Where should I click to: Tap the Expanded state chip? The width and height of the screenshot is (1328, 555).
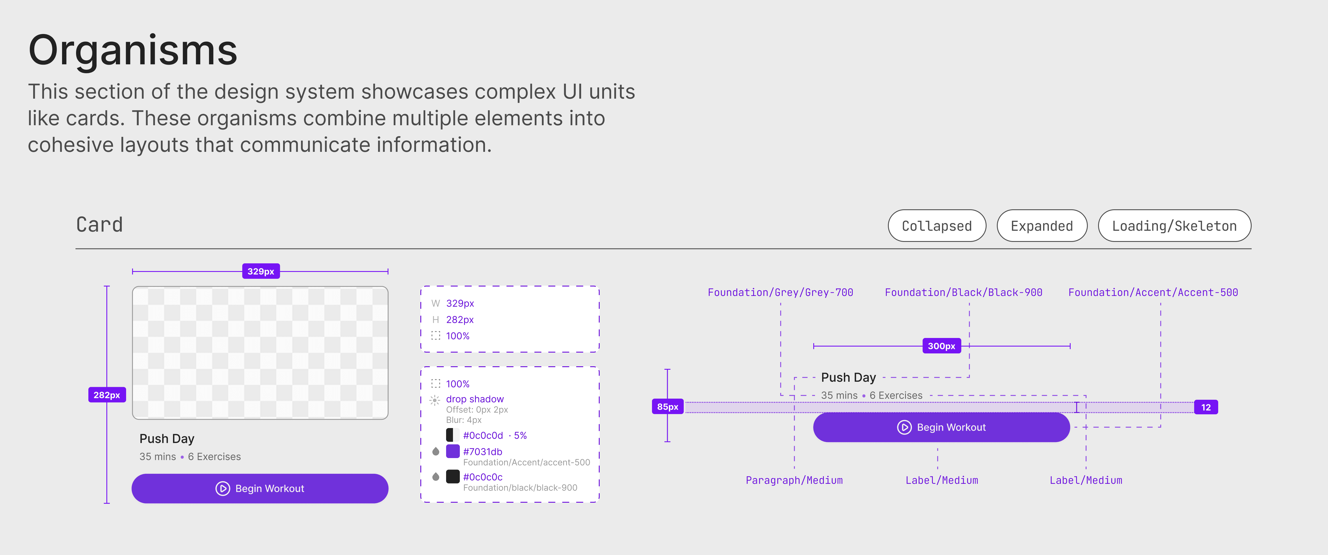pos(1041,226)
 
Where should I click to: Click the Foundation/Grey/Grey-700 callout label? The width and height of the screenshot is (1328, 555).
pos(780,292)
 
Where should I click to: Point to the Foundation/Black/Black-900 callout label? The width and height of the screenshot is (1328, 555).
pos(963,292)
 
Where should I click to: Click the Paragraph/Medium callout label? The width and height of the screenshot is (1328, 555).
pos(794,480)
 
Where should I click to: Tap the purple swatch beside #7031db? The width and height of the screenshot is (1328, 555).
pos(453,451)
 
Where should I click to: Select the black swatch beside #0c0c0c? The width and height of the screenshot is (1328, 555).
pos(453,477)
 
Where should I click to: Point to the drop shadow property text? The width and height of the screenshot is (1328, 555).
pos(474,399)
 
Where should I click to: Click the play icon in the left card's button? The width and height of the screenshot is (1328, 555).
pos(223,489)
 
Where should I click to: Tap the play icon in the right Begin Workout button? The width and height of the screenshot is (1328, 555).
pos(904,427)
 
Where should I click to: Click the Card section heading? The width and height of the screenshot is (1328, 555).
pos(100,225)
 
